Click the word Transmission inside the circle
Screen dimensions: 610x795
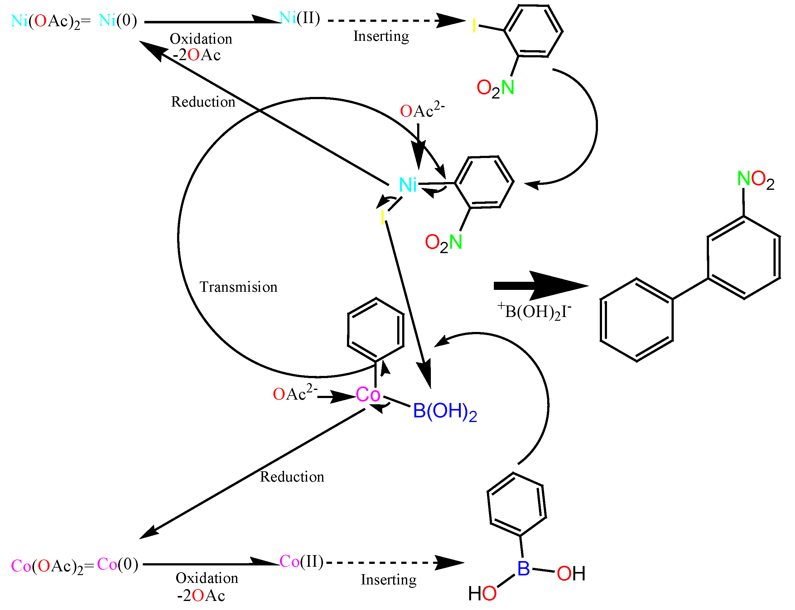(x=238, y=287)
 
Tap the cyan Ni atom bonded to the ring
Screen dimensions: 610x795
(x=407, y=185)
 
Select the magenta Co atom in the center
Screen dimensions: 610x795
(x=368, y=394)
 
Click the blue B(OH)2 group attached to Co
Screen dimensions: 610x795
(x=445, y=411)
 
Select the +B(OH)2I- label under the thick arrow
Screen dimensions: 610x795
(x=534, y=311)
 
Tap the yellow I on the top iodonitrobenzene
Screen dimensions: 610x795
(x=474, y=26)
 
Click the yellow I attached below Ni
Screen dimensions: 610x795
(x=383, y=218)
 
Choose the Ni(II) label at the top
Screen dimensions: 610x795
(x=299, y=18)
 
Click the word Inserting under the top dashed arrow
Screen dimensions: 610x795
(x=381, y=36)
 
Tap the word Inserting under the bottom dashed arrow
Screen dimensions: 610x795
(x=388, y=580)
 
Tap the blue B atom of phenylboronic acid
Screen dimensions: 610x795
(x=523, y=569)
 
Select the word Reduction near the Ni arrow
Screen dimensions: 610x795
(x=203, y=102)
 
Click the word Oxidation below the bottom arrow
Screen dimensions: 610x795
(x=207, y=578)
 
